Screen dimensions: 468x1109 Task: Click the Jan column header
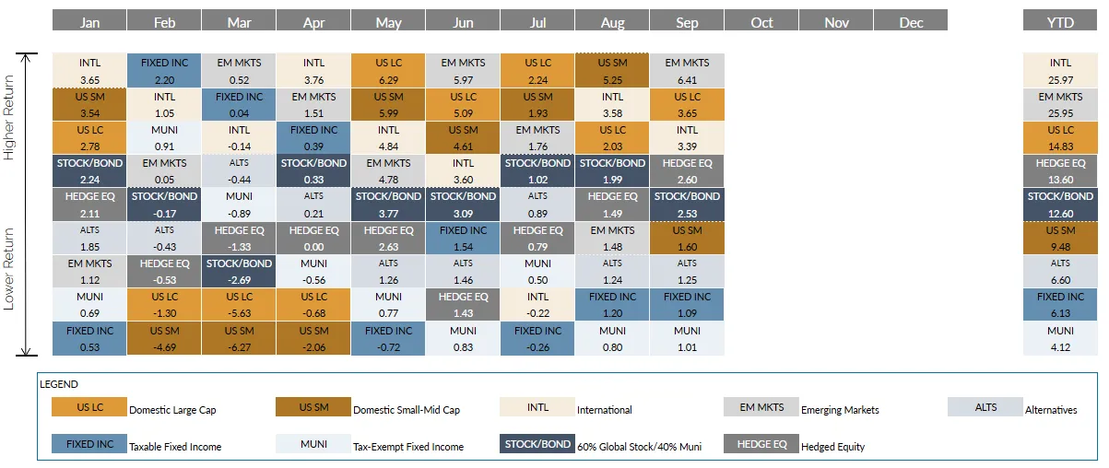point(89,22)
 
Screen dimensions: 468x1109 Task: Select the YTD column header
point(1060,22)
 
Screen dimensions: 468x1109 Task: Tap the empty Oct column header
point(761,22)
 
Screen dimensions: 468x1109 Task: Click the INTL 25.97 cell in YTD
point(1060,71)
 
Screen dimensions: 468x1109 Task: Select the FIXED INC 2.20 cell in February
point(164,71)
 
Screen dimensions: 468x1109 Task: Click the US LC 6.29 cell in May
point(388,71)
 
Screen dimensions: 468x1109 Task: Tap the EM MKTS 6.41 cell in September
point(687,71)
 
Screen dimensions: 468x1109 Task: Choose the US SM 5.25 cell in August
point(612,71)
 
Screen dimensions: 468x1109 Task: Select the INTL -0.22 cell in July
point(537,305)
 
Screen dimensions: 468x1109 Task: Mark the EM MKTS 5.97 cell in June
point(463,71)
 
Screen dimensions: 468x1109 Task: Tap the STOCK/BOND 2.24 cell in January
point(89,171)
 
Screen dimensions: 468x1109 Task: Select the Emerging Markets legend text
point(840,410)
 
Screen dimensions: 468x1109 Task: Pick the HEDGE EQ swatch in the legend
point(761,444)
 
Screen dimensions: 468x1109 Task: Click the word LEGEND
point(60,384)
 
